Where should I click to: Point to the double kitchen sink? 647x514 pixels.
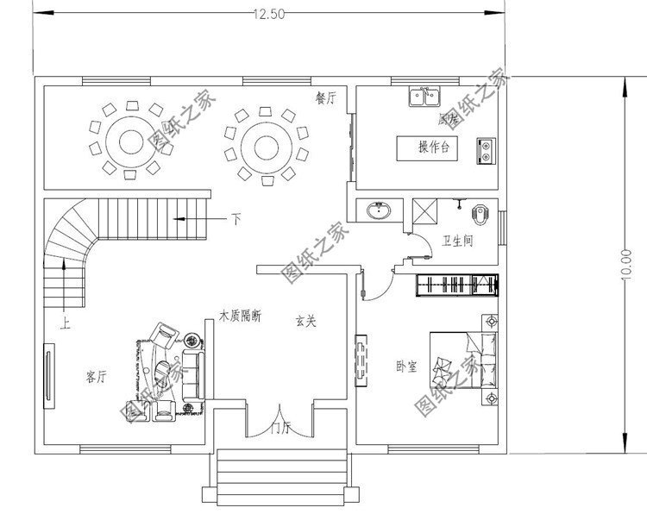(424, 96)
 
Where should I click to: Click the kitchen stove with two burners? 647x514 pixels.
(486, 150)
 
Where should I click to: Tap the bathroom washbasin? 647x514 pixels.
(378, 210)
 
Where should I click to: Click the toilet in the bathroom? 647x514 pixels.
(481, 210)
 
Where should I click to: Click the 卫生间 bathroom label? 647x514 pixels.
(457, 241)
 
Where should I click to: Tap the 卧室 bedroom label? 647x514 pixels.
(406, 367)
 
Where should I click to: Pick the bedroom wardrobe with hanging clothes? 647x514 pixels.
(457, 285)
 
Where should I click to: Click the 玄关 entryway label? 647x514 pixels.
(305, 322)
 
